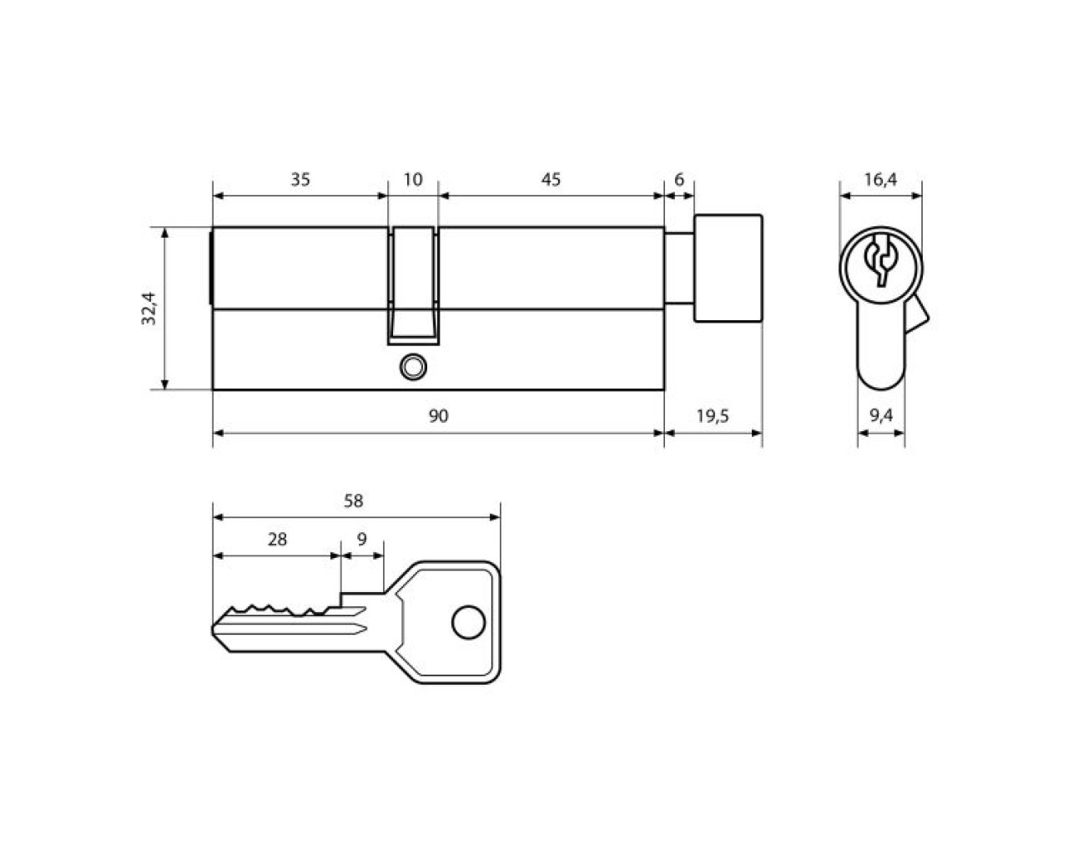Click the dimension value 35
[x=300, y=179]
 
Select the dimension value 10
[x=413, y=179]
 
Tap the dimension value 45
[x=551, y=179]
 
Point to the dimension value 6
[x=679, y=179]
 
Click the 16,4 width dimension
[x=880, y=179]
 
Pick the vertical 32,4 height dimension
[x=149, y=309]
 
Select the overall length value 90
[x=438, y=416]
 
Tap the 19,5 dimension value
[x=713, y=416]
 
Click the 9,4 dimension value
[x=881, y=415]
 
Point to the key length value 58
[x=354, y=501]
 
